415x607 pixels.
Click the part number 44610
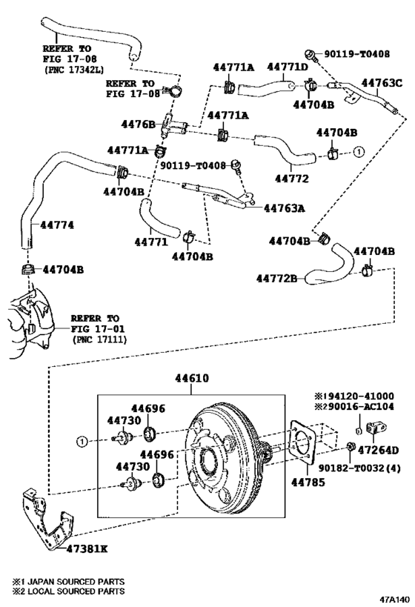[191, 378]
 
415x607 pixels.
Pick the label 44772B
[276, 278]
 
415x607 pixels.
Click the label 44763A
[285, 208]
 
